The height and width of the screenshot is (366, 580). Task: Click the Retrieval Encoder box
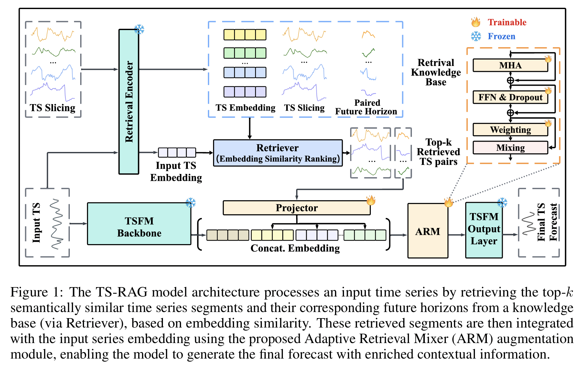(129, 102)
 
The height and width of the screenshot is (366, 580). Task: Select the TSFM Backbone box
(139, 224)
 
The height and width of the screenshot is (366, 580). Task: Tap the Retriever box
(277, 153)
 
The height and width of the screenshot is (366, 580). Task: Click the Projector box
(296, 208)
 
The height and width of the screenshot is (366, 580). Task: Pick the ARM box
(427, 231)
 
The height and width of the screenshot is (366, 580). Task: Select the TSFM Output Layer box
(484, 230)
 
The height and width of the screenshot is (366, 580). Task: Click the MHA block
(510, 65)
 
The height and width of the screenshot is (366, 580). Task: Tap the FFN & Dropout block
(510, 97)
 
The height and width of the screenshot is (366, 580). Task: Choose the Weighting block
(510, 130)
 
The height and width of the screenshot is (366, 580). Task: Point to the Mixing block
(510, 148)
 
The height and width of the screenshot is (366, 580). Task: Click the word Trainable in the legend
(507, 22)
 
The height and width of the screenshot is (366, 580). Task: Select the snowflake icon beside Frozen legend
(476, 36)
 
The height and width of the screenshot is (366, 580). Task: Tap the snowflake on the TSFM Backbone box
(190, 203)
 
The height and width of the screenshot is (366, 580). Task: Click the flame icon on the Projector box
(371, 200)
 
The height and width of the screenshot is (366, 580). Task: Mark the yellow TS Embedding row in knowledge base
(245, 35)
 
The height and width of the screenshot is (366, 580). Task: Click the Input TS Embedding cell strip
(177, 152)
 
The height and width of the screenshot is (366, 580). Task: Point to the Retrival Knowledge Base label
(435, 72)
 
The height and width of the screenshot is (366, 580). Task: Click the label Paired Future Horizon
(366, 107)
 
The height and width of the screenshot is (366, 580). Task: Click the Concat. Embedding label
(295, 248)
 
